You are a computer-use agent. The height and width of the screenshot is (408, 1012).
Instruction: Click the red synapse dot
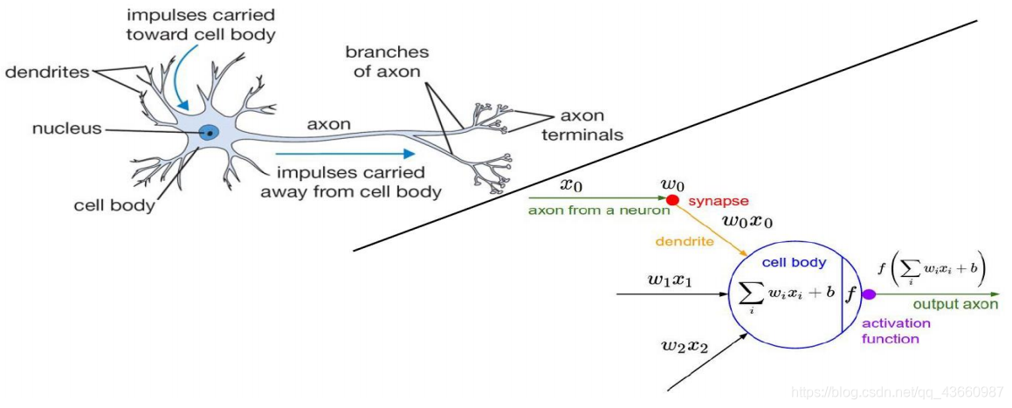coord(672,200)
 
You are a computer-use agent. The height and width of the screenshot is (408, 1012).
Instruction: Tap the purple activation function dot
coord(868,294)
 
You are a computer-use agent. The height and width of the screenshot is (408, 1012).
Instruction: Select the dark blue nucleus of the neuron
coord(209,133)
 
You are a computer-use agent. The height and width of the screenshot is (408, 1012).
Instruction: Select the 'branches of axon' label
coord(387,62)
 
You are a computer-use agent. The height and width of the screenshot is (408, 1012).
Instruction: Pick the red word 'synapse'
coord(713,201)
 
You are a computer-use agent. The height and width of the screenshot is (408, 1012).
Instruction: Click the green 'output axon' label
coord(954,305)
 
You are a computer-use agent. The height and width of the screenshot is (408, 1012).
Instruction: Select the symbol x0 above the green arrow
coord(569,185)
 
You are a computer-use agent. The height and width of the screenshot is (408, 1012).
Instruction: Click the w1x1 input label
coord(670,280)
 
